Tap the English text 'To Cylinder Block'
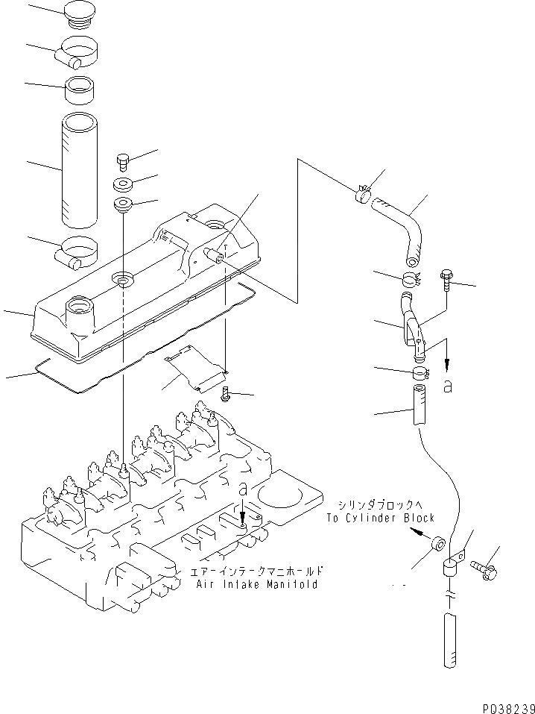click(380, 518)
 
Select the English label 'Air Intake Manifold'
click(257, 584)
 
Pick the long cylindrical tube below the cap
click(79, 170)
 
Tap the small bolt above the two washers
click(122, 160)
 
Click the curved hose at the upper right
click(402, 227)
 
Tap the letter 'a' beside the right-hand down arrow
click(447, 386)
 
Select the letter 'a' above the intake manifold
click(243, 489)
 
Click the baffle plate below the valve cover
click(195, 370)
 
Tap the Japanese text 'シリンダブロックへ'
click(380, 504)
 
